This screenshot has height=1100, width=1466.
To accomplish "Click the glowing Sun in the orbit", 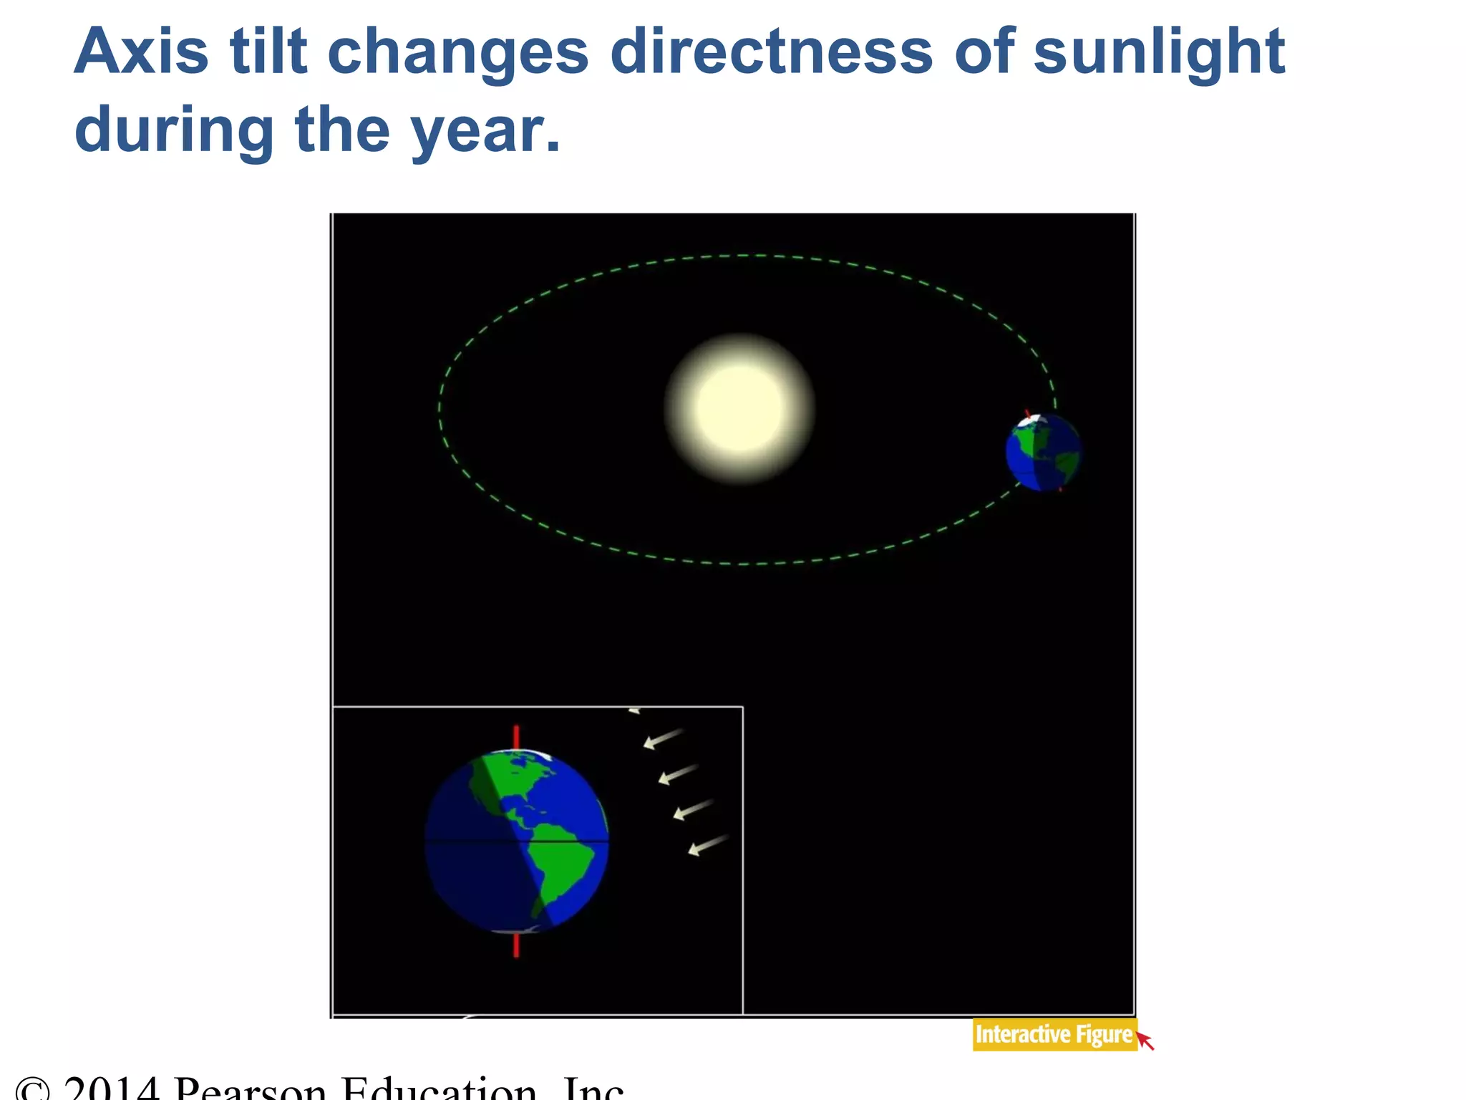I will click(739, 408).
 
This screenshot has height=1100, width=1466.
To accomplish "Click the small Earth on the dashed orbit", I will click(1043, 453).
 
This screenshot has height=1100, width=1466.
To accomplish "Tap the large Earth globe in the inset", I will click(516, 841).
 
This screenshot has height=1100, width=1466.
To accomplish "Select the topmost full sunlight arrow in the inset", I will click(663, 738).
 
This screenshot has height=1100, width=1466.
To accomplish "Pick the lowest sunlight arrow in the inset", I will click(708, 845).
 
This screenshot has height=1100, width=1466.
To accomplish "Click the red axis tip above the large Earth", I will click(516, 737).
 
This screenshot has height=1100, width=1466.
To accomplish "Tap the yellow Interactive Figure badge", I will click(1053, 1035).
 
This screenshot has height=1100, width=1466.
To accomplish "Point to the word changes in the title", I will click(458, 54).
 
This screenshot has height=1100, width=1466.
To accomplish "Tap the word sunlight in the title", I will click(1159, 54).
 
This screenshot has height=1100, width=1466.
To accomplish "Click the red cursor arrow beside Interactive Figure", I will click(1146, 1041).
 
